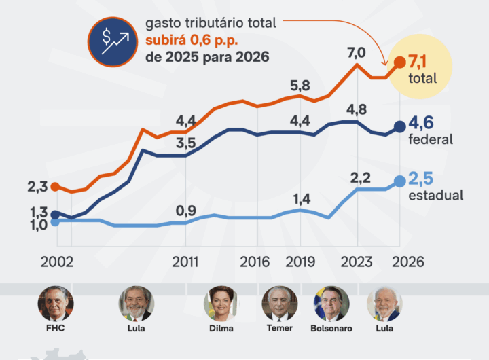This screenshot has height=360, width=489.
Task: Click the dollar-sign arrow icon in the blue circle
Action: click(x=113, y=41)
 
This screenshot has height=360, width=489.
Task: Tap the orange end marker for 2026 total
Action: click(x=400, y=62)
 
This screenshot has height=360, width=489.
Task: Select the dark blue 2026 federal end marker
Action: click(x=400, y=126)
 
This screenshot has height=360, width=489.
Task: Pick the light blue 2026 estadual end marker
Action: click(x=400, y=181)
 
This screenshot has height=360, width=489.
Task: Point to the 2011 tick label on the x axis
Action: click(x=185, y=262)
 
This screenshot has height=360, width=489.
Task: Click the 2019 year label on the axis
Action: click(x=299, y=262)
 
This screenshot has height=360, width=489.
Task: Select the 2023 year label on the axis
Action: click(x=356, y=262)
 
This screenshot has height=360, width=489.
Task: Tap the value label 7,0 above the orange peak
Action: click(x=356, y=52)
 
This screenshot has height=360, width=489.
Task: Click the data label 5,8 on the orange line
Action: click(x=300, y=86)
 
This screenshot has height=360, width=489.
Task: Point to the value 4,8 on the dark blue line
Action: click(x=357, y=109)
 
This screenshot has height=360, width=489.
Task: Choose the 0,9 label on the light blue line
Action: click(x=186, y=211)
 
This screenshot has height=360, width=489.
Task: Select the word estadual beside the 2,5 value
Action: click(x=436, y=196)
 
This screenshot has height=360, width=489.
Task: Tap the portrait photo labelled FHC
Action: click(x=56, y=304)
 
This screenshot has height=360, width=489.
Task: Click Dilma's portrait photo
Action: click(x=221, y=304)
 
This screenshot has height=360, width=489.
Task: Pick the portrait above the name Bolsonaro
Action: click(x=331, y=304)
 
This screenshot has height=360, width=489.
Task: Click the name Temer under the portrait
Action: click(x=279, y=328)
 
